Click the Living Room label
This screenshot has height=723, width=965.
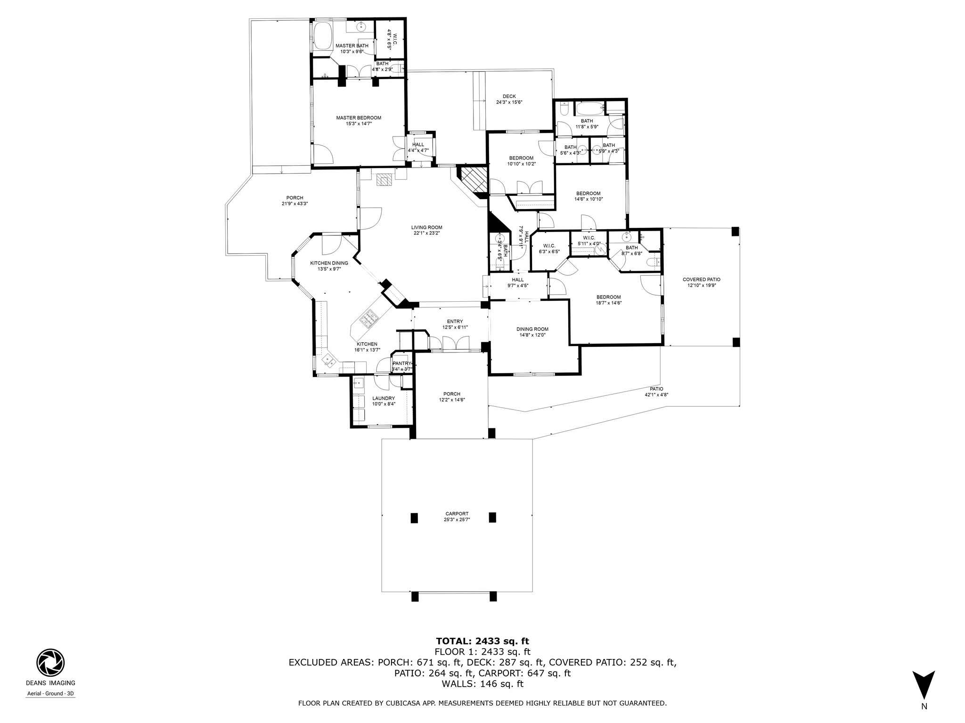coord(427,227)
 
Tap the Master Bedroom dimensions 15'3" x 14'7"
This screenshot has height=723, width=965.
coord(359,124)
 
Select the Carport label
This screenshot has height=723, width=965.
coord(457,514)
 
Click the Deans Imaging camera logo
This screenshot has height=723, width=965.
coord(50,663)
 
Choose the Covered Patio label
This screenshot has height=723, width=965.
coord(701,280)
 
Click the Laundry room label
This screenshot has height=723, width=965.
coord(383,398)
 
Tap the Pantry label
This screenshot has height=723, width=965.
coord(401,363)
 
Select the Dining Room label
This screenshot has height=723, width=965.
coord(532,329)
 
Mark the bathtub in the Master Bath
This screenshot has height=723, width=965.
coord(323,37)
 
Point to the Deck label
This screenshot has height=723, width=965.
coord(509,96)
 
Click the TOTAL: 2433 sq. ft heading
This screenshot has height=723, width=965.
coord(482,641)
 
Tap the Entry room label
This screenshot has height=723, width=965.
coord(455,321)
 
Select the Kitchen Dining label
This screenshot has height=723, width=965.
coord(329,263)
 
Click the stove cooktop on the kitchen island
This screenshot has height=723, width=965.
coord(369,319)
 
